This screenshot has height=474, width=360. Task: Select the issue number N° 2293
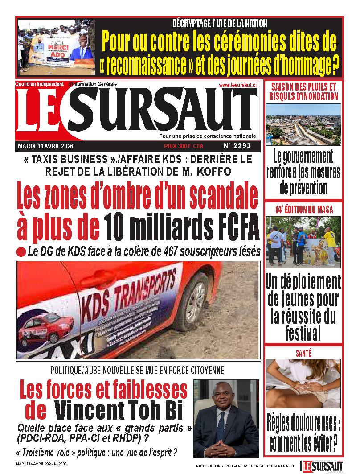[237, 145]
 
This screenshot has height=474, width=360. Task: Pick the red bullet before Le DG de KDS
[21, 252]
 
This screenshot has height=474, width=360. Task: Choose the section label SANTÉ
[303, 353]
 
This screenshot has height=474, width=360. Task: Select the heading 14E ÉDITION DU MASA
[303, 209]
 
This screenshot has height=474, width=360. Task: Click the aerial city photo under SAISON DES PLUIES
[303, 124]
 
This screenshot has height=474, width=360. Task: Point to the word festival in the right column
[303, 333]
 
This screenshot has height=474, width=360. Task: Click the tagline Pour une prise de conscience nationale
[208, 136]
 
